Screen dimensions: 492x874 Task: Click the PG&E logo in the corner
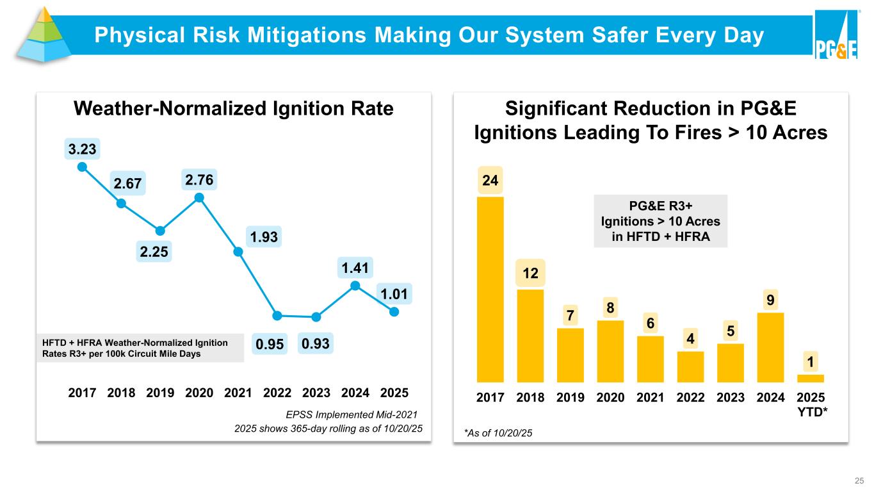pos(836,36)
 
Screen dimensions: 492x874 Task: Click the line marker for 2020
pos(199,197)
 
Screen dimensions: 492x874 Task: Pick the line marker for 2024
pos(355,285)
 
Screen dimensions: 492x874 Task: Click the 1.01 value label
pos(394,295)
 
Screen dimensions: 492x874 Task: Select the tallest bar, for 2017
pos(490,288)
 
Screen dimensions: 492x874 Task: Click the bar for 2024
pos(770,347)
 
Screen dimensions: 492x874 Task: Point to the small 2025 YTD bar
pos(811,378)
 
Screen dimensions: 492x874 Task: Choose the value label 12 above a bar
pos(531,274)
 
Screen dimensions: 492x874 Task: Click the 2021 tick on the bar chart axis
pos(650,397)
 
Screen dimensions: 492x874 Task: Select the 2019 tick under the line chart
pos(159,392)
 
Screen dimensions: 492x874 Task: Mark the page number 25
pos(858,480)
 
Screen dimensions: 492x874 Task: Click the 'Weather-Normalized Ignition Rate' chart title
pos(233,109)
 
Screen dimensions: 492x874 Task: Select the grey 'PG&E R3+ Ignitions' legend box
pos(660,221)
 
